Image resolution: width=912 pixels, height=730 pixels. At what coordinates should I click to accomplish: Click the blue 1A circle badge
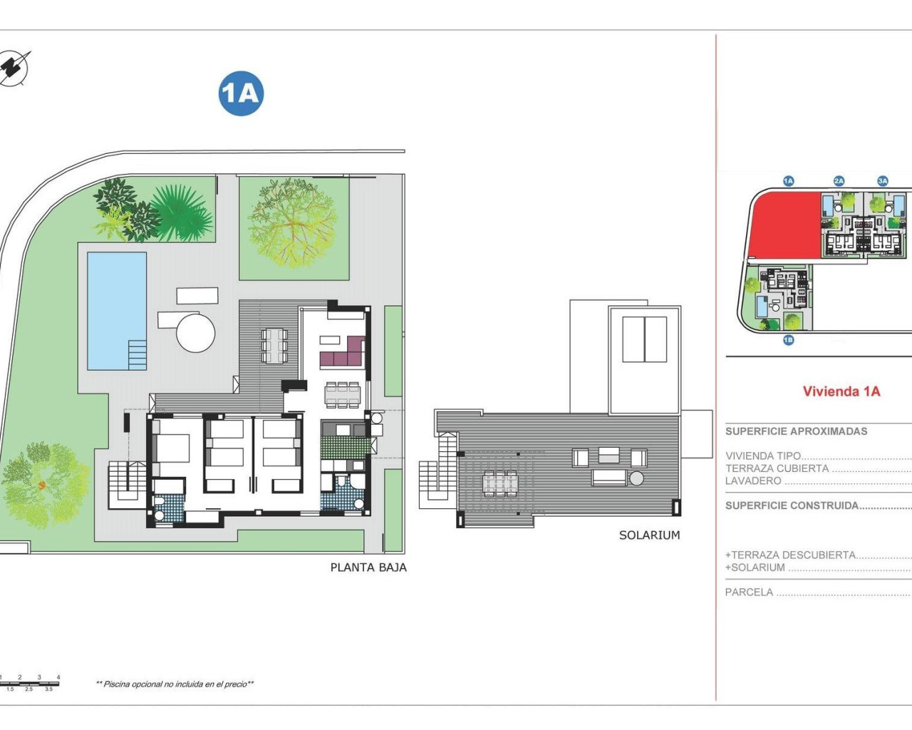241,93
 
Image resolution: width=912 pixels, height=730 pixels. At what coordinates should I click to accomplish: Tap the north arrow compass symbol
15,68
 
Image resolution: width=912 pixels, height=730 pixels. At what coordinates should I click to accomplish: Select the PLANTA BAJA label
368,567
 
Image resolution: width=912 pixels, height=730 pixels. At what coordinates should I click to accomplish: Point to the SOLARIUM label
649,535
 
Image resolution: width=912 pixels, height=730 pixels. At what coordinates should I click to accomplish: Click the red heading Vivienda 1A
841,391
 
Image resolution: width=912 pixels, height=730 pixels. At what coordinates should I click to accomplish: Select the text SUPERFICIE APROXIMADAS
796,431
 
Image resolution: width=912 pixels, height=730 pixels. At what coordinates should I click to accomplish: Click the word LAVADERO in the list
753,481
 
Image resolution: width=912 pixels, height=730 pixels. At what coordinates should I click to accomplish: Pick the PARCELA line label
749,592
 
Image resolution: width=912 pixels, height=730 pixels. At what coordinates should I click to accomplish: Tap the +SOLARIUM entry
755,567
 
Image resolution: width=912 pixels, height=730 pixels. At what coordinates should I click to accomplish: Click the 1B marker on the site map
788,340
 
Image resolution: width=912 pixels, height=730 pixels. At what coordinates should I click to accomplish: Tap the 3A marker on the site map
883,181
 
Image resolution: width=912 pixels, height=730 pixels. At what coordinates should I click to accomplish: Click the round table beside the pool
195,333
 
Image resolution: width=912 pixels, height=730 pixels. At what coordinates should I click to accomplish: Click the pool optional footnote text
175,684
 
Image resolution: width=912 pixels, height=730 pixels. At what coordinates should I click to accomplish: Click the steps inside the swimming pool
137,354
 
